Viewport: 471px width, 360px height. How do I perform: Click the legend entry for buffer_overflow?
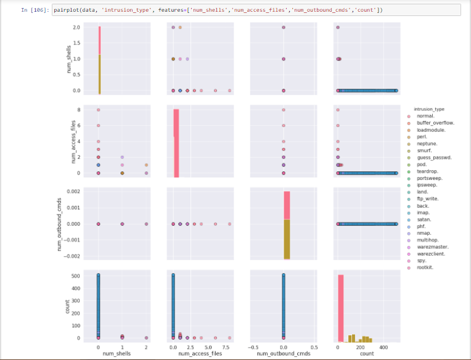(435, 123)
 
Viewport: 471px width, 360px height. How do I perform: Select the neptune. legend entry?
(427, 144)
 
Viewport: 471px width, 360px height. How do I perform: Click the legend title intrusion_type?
(430, 109)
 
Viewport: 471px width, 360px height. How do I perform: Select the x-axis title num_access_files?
(201, 353)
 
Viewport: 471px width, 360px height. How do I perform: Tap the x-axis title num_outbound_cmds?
(283, 353)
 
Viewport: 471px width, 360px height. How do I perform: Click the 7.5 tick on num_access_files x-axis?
(229, 346)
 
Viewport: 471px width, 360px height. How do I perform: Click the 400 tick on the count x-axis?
(384, 346)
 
